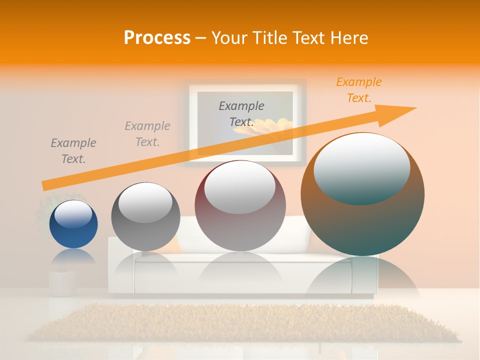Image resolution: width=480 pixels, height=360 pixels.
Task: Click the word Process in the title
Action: pyautogui.click(x=157, y=38)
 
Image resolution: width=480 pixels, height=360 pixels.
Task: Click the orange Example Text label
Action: pyautogui.click(x=359, y=90)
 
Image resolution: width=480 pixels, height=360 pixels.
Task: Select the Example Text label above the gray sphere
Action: pyautogui.click(x=147, y=134)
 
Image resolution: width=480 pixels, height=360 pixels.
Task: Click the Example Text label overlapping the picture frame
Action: pyautogui.click(x=241, y=114)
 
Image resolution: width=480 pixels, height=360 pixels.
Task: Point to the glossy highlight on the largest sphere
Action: pyautogui.click(x=362, y=167)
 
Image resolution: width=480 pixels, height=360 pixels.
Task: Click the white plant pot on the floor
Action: pyautogui.click(x=62, y=283)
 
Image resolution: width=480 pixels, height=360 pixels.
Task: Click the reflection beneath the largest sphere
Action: pyautogui.click(x=362, y=280)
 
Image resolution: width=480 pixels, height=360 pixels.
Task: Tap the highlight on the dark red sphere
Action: pyautogui.click(x=240, y=187)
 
